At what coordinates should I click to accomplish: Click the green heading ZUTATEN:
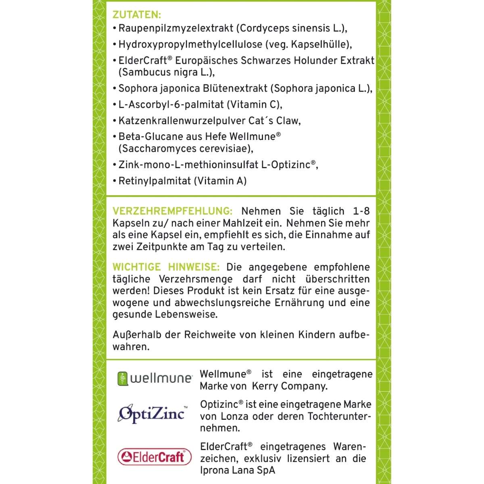[x=136, y=15]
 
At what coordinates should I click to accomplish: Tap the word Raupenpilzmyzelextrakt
[x=176, y=28]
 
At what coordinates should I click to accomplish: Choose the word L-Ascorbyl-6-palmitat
[x=171, y=104]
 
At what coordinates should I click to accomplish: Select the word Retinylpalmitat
[x=154, y=181]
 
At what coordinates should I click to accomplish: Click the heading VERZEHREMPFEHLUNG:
[x=172, y=211]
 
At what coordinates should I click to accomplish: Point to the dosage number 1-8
[x=361, y=211]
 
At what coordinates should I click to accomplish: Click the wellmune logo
[x=154, y=378]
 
